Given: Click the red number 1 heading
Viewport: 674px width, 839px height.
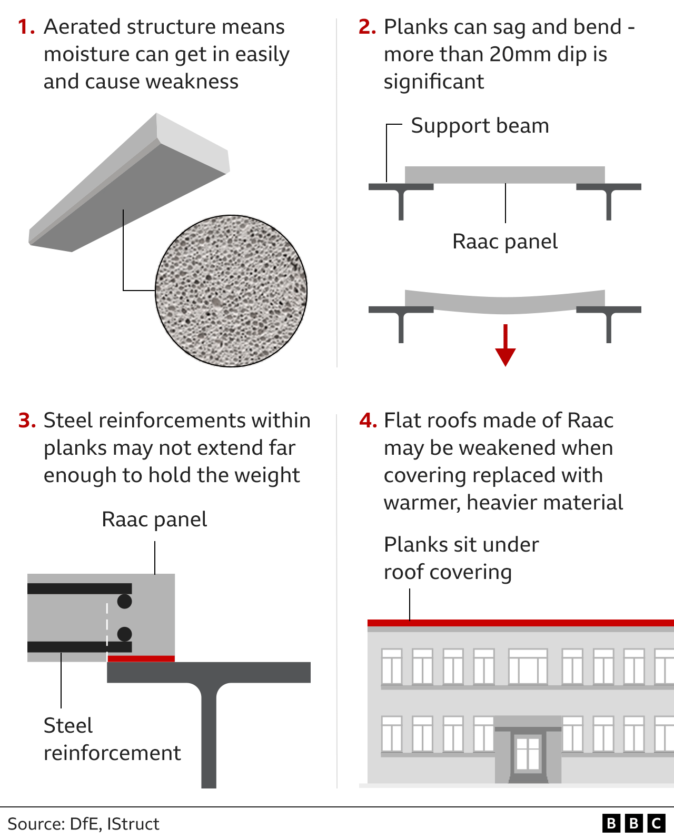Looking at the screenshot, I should pyautogui.click(x=26, y=27).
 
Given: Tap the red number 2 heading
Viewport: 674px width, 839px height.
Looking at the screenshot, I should pyautogui.click(x=367, y=27).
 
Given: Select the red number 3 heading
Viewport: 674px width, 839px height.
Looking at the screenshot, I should pyautogui.click(x=27, y=421).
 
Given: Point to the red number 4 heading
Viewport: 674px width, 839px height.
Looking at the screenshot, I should pyautogui.click(x=368, y=421).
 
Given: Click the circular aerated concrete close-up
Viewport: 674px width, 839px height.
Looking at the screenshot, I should pyautogui.click(x=231, y=291).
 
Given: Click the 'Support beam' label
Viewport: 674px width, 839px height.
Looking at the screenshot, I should pyautogui.click(x=480, y=126).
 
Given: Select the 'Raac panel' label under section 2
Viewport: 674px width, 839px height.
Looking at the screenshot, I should pyautogui.click(x=504, y=242).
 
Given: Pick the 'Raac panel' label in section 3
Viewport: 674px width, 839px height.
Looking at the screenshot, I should pyautogui.click(x=154, y=520).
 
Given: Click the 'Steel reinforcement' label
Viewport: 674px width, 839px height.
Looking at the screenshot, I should pyautogui.click(x=112, y=739).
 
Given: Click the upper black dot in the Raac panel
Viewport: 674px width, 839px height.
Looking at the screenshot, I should pyautogui.click(x=125, y=601).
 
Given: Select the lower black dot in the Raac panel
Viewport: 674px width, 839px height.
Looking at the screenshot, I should pyautogui.click(x=125, y=634).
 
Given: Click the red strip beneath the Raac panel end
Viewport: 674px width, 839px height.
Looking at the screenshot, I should pyautogui.click(x=141, y=658).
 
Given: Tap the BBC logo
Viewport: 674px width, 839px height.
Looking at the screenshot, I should pyautogui.click(x=633, y=823).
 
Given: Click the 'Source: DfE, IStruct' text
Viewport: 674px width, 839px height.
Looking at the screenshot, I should pyautogui.click(x=83, y=824).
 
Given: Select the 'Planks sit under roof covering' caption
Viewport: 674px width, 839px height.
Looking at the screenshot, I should pyautogui.click(x=461, y=558).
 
